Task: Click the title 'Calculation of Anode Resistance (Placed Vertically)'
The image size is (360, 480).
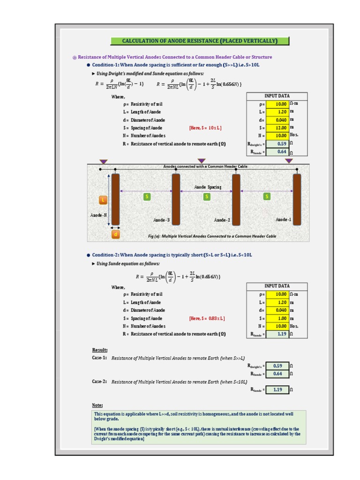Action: [200, 41]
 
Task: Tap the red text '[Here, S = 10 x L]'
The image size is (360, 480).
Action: [205, 128]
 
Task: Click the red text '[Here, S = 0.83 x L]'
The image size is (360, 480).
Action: [207, 318]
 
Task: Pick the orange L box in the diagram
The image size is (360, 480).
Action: [103, 200]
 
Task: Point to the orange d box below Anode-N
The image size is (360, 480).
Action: [115, 234]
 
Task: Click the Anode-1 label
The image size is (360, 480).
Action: [283, 219]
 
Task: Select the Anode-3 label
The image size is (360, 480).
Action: [161, 220]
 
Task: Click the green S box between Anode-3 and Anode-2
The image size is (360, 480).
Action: [206, 197]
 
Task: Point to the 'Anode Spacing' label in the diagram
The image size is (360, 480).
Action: [208, 187]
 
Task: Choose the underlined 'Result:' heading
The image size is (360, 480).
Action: [100, 350]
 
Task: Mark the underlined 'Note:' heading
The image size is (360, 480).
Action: [97, 405]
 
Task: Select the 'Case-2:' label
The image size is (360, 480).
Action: [99, 382]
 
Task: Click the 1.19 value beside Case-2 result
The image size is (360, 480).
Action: [277, 390]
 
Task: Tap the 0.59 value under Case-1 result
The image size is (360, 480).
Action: [277, 366]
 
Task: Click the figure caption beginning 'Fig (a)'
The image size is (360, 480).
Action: [212, 236]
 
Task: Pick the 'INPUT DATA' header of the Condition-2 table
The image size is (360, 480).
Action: [277, 286]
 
